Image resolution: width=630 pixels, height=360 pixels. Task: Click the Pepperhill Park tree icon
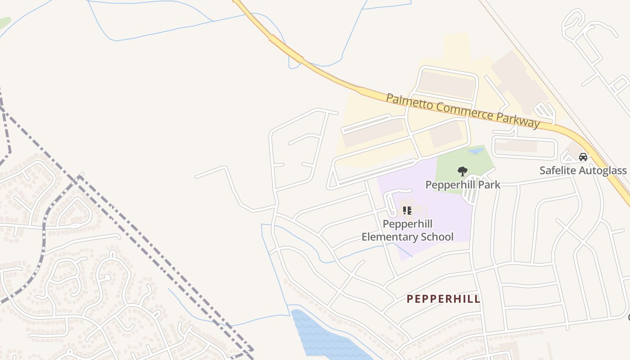pyautogui.click(x=462, y=171)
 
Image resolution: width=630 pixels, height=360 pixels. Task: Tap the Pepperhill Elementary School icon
pyautogui.click(x=407, y=210)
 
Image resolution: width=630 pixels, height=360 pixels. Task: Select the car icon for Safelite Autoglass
pyautogui.click(x=583, y=157)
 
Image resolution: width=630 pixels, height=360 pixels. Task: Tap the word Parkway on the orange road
pyautogui.click(x=518, y=119)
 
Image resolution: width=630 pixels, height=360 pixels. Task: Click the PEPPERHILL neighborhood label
pyautogui.click(x=443, y=299)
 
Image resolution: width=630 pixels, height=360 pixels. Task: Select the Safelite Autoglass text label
pyautogui.click(x=583, y=171)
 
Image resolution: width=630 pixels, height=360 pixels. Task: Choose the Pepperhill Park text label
pyautogui.click(x=463, y=184)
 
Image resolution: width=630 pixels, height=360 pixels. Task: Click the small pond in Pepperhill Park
pyautogui.click(x=476, y=151)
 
